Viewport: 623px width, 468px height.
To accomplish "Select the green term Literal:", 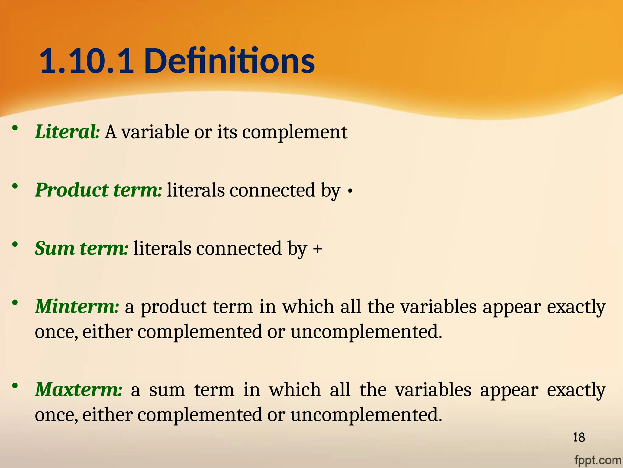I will (x=67, y=132).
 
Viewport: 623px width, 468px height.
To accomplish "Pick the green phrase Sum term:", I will (x=82, y=248).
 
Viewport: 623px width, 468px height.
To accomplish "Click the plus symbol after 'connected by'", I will (x=318, y=249).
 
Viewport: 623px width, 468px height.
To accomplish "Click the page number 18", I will (x=579, y=438).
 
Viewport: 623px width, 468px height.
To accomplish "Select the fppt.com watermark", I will (x=597, y=460).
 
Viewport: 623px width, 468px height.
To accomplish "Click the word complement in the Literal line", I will (x=294, y=133).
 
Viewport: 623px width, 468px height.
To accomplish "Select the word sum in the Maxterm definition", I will (x=167, y=390).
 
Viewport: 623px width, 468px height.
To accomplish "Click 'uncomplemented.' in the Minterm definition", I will (x=366, y=332).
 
